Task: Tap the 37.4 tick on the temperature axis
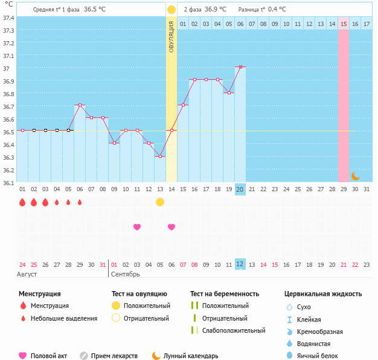coord(8,18)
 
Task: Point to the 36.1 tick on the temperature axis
coord(8,183)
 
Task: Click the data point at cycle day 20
coord(240,67)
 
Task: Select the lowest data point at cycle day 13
coord(160,156)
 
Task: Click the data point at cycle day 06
coord(80,105)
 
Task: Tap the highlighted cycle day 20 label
coord(240,189)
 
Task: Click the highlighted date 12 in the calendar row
coord(240,264)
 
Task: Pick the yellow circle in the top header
coord(171,10)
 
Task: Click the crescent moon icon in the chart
coord(355,176)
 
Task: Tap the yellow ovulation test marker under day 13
coord(160,202)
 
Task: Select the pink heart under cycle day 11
coord(137,227)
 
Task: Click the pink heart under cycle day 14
coord(171,227)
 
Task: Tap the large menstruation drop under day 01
coord(22,202)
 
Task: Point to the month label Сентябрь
coord(126,274)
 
